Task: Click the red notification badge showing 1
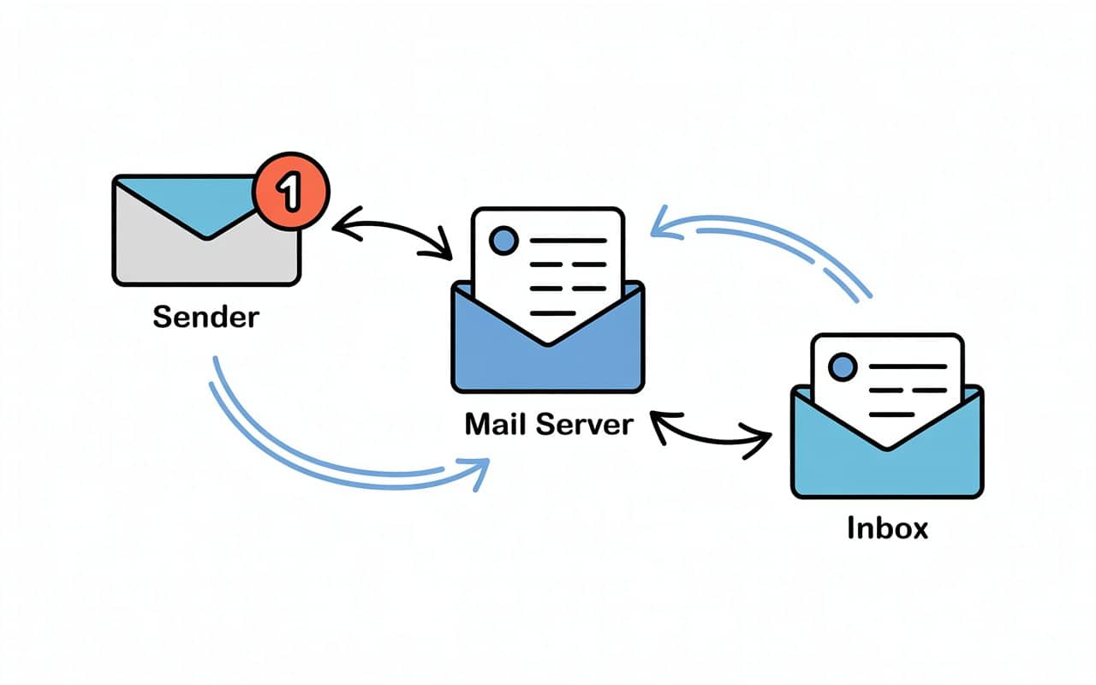[290, 193]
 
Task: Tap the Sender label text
[205, 317]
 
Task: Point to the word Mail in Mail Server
[494, 424]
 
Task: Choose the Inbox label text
[887, 527]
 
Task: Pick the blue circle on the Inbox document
[843, 368]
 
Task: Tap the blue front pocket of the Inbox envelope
[887, 467]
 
